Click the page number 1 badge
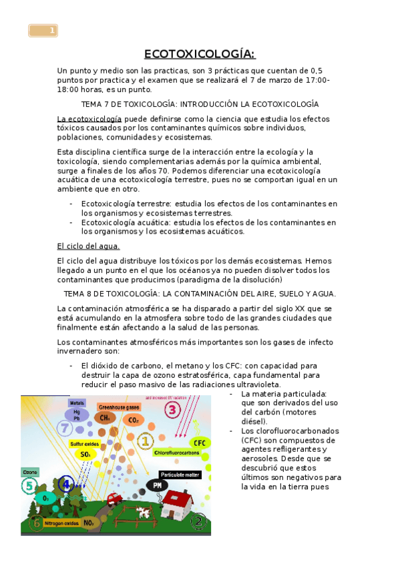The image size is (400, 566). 43,31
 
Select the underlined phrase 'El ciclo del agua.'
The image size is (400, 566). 89,246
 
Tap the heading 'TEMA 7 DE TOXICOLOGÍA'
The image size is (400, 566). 200,104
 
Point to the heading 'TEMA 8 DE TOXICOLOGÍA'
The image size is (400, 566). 200,293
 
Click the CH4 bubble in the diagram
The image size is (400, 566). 104,418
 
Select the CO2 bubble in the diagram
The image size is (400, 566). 133,420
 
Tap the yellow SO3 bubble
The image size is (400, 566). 86,454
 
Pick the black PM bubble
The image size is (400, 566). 158,485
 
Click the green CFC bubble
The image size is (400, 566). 198,442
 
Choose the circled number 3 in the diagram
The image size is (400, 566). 172,410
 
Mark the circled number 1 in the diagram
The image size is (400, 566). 146,441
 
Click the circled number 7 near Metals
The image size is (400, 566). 65,428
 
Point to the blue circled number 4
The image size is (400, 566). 65,484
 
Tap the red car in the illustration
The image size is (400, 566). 114,497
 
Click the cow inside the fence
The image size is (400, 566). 144,511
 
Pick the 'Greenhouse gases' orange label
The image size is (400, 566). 119,406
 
